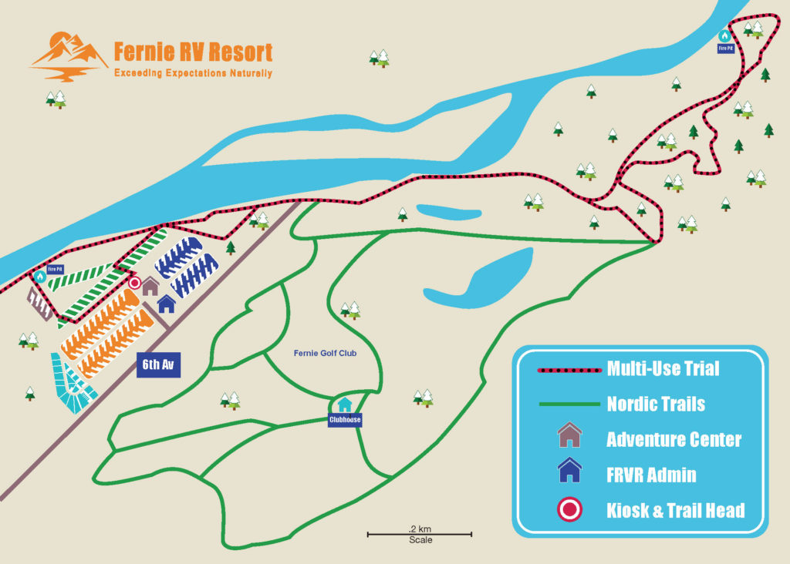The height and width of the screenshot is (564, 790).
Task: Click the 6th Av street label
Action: click(158, 364)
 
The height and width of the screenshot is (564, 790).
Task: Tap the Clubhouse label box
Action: click(345, 421)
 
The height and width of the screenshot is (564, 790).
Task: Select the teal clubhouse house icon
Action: click(345, 405)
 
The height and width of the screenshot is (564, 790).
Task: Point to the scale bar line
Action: click(419, 534)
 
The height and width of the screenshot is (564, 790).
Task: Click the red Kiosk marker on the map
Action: click(134, 284)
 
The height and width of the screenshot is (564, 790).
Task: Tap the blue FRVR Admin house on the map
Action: click(167, 304)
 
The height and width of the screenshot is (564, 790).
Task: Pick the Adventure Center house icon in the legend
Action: click(569, 435)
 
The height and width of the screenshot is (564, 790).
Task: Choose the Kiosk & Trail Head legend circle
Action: click(569, 509)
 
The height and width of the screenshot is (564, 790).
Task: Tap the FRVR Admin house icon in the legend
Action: click(569, 470)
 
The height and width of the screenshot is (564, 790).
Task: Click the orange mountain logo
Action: click(69, 56)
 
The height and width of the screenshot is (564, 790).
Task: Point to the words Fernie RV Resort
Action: click(193, 52)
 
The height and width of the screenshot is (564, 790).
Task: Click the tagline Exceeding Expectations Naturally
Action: click(193, 74)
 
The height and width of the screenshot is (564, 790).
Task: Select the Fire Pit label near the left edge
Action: click(54, 270)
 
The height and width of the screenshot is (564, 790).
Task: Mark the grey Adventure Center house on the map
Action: click(150, 286)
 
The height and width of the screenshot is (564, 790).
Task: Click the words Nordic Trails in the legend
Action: click(656, 404)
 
